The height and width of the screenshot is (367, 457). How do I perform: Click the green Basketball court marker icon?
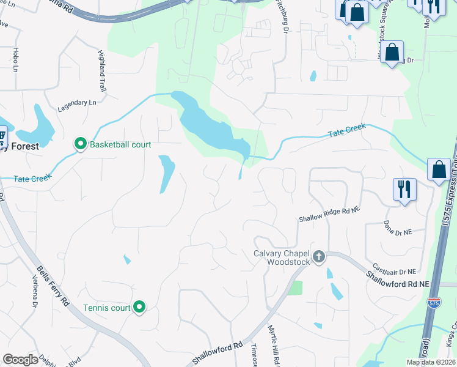[x=80, y=144]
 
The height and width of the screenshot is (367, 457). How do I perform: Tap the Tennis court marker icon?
[x=139, y=307]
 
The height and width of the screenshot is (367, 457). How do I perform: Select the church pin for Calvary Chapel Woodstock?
[x=318, y=256]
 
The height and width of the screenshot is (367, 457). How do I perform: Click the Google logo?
[x=21, y=360]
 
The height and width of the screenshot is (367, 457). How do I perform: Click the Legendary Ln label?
[x=77, y=105]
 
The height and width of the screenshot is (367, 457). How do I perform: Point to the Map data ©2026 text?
[x=430, y=362]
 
